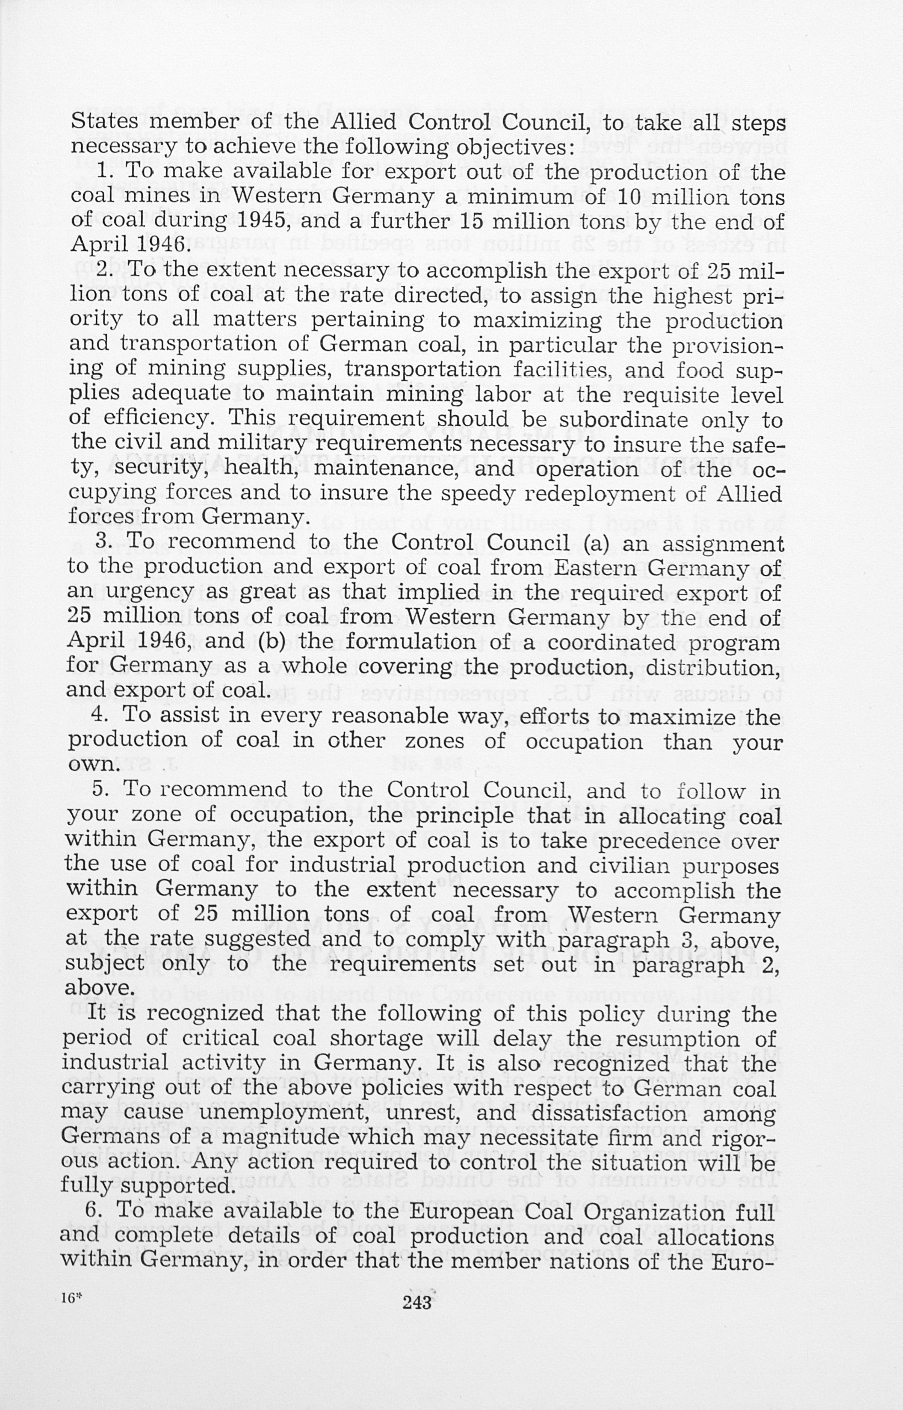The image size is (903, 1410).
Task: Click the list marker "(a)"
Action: pos(599,543)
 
